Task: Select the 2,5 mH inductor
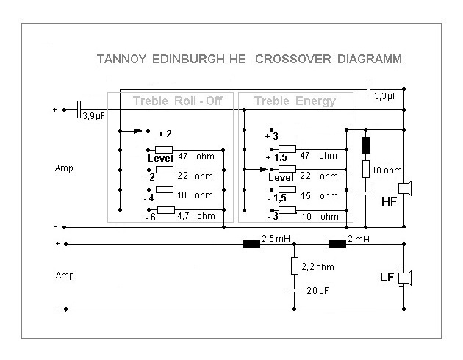tap(251, 244)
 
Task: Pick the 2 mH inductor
tap(337, 244)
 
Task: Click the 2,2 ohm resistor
tap(295, 265)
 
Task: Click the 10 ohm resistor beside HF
tap(365, 170)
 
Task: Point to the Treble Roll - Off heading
tap(177, 101)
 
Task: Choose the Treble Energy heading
tap(294, 101)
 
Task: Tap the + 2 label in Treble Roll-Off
tap(165, 134)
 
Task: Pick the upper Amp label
tap(64, 168)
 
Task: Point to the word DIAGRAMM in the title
tap(367, 58)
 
